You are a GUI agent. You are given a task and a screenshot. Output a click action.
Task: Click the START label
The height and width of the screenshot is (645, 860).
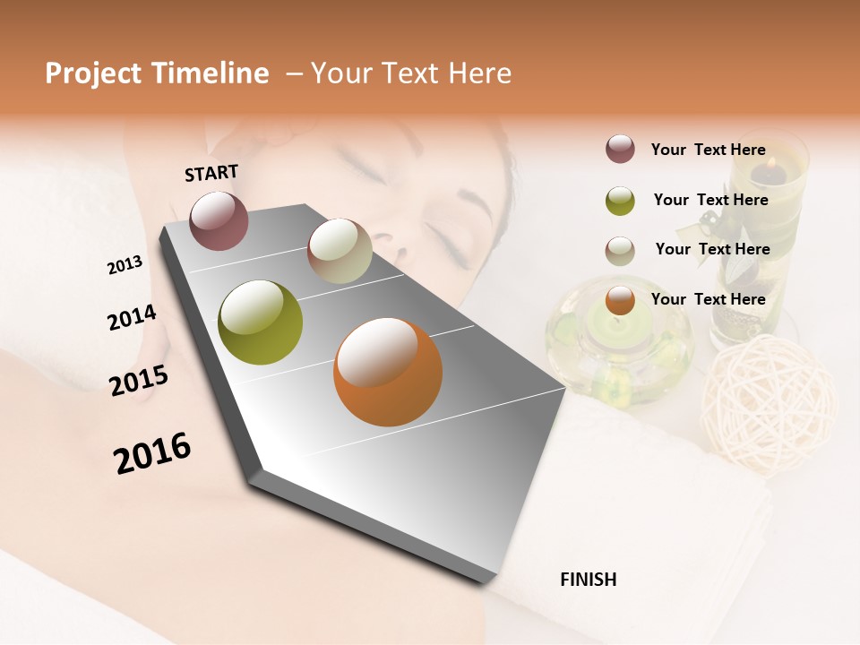pyautogui.click(x=211, y=173)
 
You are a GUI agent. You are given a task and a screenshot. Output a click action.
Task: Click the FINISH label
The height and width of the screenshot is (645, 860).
pyautogui.click(x=588, y=580)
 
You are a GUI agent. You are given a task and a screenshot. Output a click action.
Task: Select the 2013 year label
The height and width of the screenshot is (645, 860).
pyautogui.click(x=125, y=265)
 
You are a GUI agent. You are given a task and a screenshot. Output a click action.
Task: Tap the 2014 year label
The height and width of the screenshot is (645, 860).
pyautogui.click(x=132, y=317)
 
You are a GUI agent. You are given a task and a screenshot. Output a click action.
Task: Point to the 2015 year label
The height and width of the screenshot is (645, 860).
pyautogui.click(x=139, y=381)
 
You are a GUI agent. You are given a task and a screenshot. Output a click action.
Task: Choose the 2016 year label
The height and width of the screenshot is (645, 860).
pyautogui.click(x=152, y=452)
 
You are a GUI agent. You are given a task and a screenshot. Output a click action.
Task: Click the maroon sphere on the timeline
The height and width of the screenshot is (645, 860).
pyautogui.click(x=219, y=220)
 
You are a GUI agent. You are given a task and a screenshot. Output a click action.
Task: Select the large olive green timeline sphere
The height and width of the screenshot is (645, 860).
pyautogui.click(x=260, y=322)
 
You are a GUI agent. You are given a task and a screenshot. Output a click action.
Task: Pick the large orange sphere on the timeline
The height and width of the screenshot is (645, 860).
pyautogui.click(x=388, y=372)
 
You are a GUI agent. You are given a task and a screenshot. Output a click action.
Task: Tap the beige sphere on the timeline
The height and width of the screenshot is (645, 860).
pyautogui.click(x=340, y=251)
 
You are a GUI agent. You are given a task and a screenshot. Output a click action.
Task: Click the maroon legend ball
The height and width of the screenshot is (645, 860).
pyautogui.click(x=620, y=149)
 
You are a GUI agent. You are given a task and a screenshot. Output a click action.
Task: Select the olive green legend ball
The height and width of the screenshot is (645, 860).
pyautogui.click(x=620, y=201)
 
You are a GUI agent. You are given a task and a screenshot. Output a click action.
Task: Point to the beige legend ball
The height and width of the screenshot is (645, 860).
pyautogui.click(x=620, y=251)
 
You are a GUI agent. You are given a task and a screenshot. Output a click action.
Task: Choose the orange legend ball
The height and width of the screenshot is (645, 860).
pyautogui.click(x=620, y=301)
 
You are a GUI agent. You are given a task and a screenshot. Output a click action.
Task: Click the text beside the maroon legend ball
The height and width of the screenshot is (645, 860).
pyautogui.click(x=708, y=150)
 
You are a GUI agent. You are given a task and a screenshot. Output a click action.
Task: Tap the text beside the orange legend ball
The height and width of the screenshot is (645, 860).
pyautogui.click(x=708, y=299)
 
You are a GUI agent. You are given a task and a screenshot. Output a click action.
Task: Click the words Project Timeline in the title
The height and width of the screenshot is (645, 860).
pyautogui.click(x=157, y=73)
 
